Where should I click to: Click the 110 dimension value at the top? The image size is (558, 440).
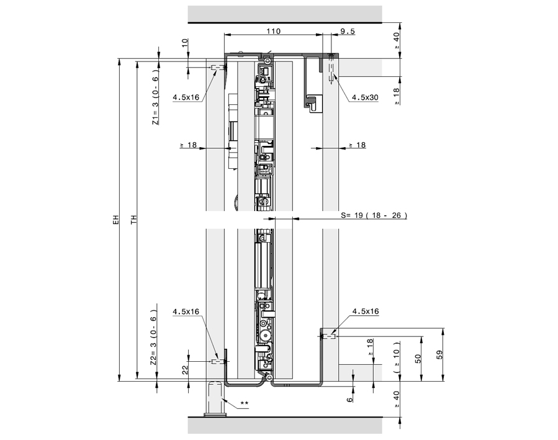[x=272, y=31]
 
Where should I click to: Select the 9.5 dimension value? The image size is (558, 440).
[x=348, y=31]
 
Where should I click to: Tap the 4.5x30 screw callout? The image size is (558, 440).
[x=364, y=97]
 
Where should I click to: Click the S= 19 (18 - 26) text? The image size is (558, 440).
[x=374, y=215]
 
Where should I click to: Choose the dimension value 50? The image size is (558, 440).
[x=418, y=358]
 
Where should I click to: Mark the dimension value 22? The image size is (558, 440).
[x=186, y=369]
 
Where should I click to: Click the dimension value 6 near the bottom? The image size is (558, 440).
[x=349, y=399]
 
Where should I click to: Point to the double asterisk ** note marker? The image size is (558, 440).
[x=244, y=404]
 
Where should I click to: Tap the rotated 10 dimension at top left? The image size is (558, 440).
[x=186, y=43]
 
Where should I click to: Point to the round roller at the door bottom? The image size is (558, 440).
[x=266, y=334]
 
